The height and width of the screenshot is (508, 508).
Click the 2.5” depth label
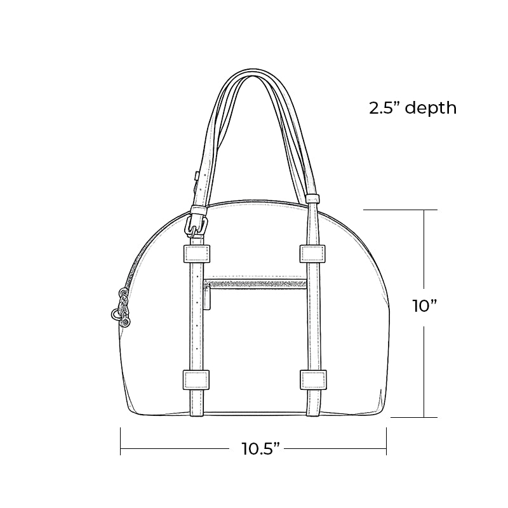click(413, 107)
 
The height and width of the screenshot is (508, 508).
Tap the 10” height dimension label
click(424, 306)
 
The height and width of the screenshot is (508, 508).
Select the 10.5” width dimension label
click(260, 448)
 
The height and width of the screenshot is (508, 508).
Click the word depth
click(431, 107)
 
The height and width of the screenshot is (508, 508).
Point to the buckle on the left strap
click(196, 225)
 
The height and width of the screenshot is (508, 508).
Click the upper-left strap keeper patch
click(196, 254)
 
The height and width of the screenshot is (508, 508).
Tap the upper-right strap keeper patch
click(312, 253)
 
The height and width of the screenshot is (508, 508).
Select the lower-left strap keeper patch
click(196, 380)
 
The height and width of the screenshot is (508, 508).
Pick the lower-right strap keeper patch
click(313, 379)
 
